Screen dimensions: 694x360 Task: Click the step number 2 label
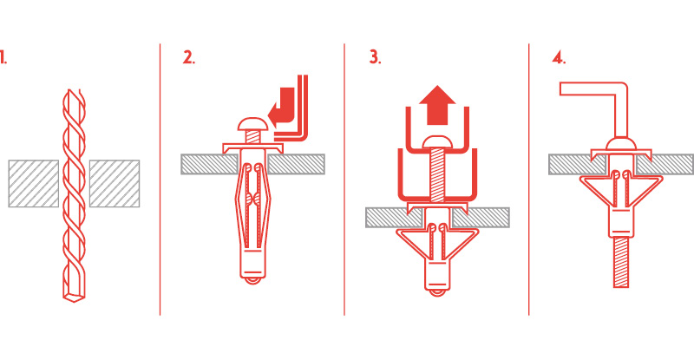tap(189, 57)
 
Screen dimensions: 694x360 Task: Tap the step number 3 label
tap(375, 57)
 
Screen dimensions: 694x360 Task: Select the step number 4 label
tap(559, 57)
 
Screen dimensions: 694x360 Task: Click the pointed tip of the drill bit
tap(74, 300)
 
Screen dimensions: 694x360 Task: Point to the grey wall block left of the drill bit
tap(34, 183)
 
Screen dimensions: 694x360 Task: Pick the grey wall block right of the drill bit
tap(115, 183)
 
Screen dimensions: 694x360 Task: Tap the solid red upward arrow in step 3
tap(437, 105)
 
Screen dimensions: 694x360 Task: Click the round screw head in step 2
tap(252, 124)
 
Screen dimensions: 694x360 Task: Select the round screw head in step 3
tap(437, 141)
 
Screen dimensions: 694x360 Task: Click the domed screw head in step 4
tap(621, 142)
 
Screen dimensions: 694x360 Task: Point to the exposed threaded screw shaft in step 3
tap(437, 173)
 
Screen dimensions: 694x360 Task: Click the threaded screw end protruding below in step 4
tap(621, 261)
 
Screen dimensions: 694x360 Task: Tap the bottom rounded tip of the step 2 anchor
tap(252, 280)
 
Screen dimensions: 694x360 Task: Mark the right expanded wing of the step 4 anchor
tap(647, 189)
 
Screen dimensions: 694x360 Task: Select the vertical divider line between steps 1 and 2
tap(160, 180)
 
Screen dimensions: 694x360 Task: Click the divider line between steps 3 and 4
tap(529, 180)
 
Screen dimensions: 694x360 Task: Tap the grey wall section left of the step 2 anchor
tap(209, 164)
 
